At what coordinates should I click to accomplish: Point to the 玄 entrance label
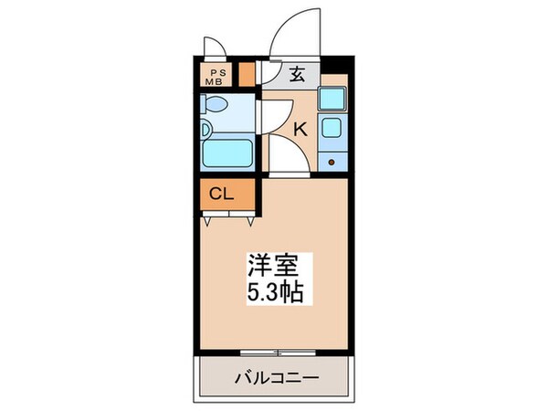coord(298,77)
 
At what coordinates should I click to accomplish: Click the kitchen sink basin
coord(332,129)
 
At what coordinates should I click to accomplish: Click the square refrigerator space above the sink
coord(332,99)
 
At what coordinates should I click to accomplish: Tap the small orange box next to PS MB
coord(248,74)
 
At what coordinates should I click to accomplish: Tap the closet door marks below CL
coord(229,218)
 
